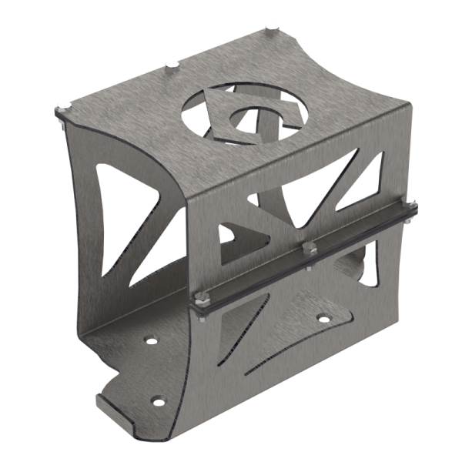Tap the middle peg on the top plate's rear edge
[172, 64]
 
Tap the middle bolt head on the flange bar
[310, 248]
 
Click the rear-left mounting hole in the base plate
[149, 339]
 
